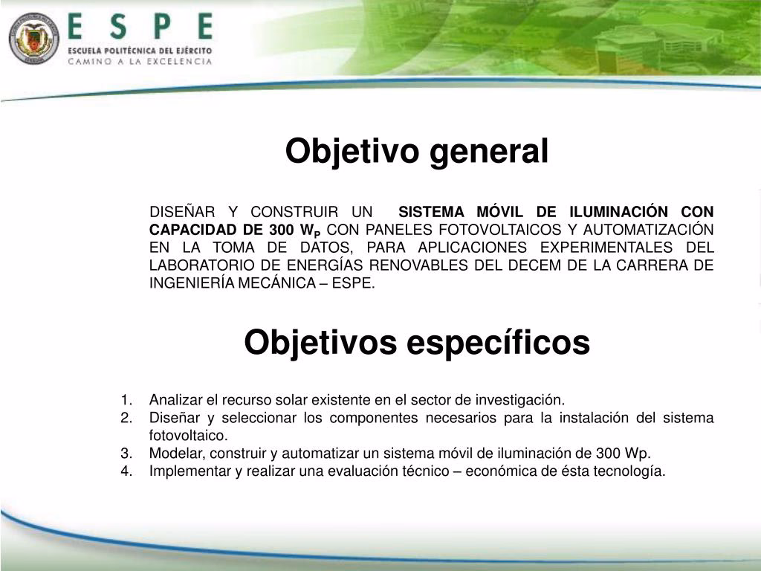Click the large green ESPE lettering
click(x=140, y=28)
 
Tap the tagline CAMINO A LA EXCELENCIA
click(x=140, y=62)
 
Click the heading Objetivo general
click(x=417, y=152)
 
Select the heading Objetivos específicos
click(x=417, y=343)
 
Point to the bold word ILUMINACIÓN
click(x=622, y=211)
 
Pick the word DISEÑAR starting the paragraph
click(x=175, y=211)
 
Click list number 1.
click(x=126, y=400)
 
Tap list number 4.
click(x=126, y=471)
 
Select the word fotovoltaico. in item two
click(x=188, y=436)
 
